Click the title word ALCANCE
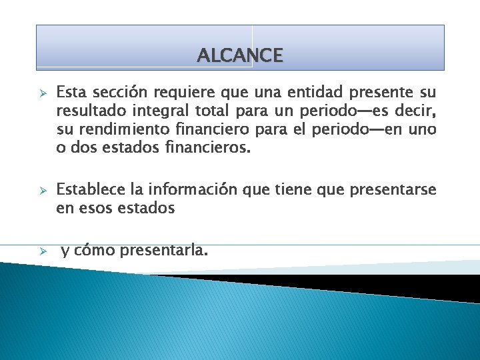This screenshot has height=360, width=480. click(x=240, y=55)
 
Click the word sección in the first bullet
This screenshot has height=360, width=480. click(x=116, y=91)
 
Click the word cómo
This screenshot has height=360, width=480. click(x=95, y=251)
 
